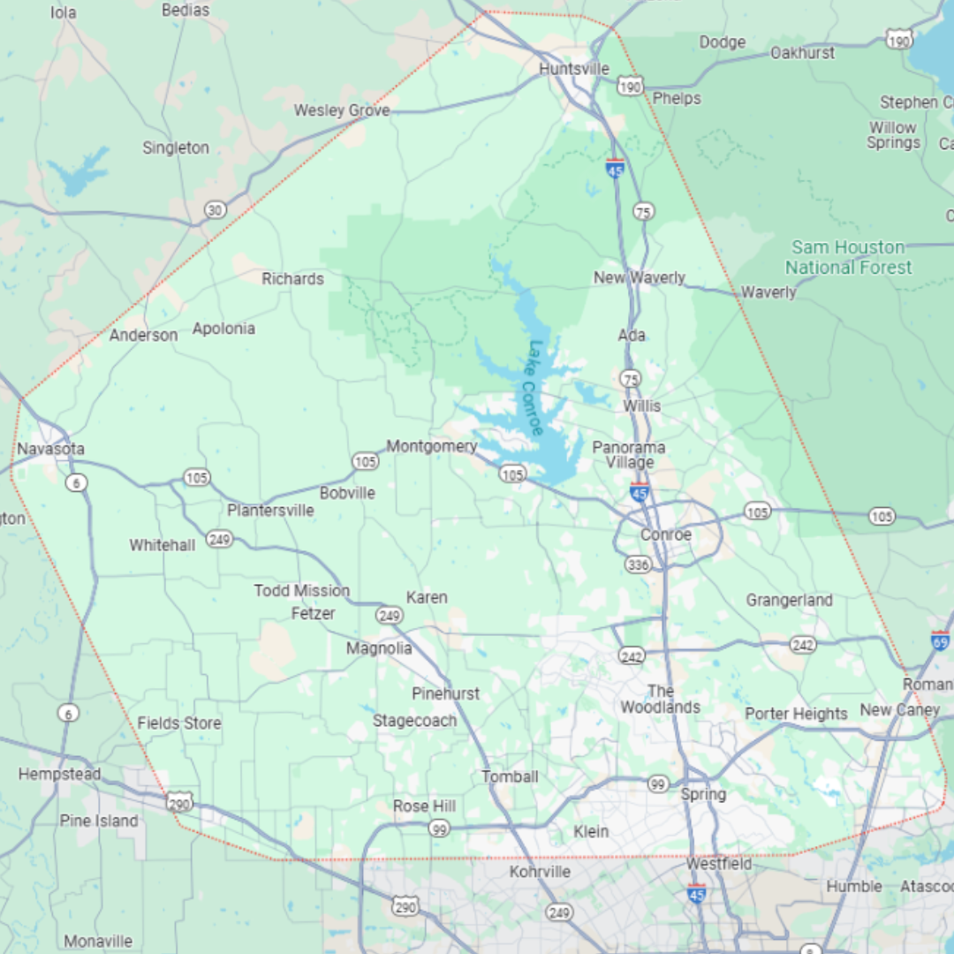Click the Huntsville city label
tap(574, 69)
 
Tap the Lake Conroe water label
tap(534, 389)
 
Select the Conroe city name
tap(666, 535)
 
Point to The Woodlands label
tap(660, 700)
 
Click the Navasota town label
tap(51, 449)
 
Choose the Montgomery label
tap(432, 446)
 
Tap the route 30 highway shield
tap(215, 209)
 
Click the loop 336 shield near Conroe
tap(638, 564)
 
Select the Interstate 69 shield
tap(941, 640)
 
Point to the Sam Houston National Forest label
tap(848, 257)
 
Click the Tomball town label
tap(510, 776)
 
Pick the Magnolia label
tap(379, 648)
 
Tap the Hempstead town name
tap(60, 775)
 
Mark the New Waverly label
tap(640, 278)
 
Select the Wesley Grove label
tap(342, 110)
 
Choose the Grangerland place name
tap(789, 601)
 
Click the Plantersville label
tap(270, 511)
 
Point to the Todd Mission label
tap(302, 590)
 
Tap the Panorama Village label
tap(629, 455)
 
